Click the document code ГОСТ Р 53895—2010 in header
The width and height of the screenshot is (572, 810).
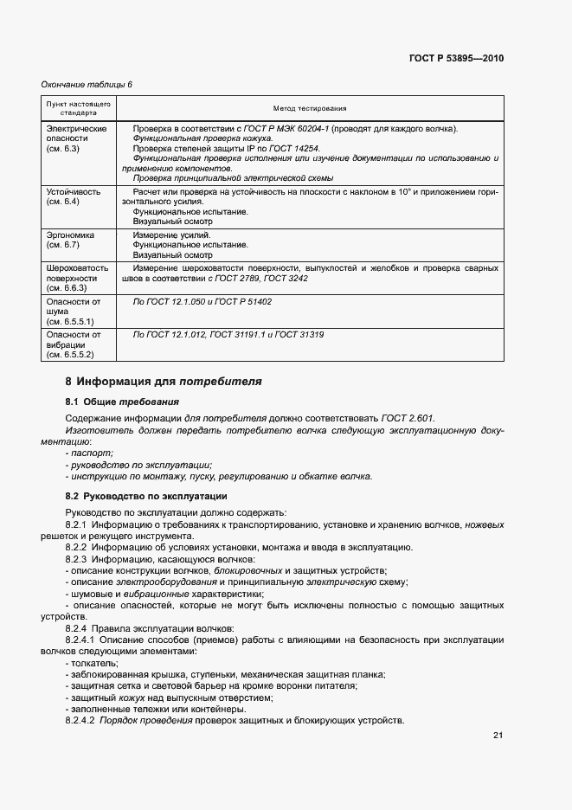tap(456, 59)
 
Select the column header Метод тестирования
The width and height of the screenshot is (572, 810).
tap(309, 109)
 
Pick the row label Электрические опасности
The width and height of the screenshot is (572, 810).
tap(75, 138)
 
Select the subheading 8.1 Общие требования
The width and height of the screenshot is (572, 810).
tap(122, 402)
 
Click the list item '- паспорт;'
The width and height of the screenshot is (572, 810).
tap(89, 453)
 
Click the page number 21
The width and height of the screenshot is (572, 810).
tap(498, 736)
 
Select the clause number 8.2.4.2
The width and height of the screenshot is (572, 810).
tap(82, 720)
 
